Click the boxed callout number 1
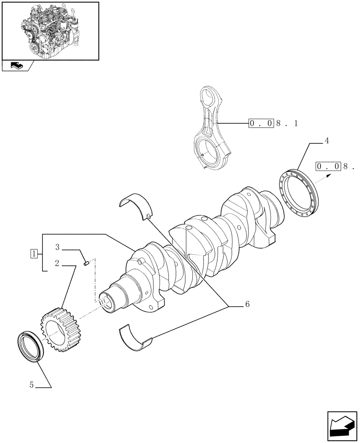33,253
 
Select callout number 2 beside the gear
58,263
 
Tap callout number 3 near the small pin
58,247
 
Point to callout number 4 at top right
326,141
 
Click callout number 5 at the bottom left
31,385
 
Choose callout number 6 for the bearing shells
247,304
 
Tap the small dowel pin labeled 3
87,263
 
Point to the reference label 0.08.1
273,123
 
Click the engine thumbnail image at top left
50,30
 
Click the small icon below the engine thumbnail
18,66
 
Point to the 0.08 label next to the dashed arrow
334,167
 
